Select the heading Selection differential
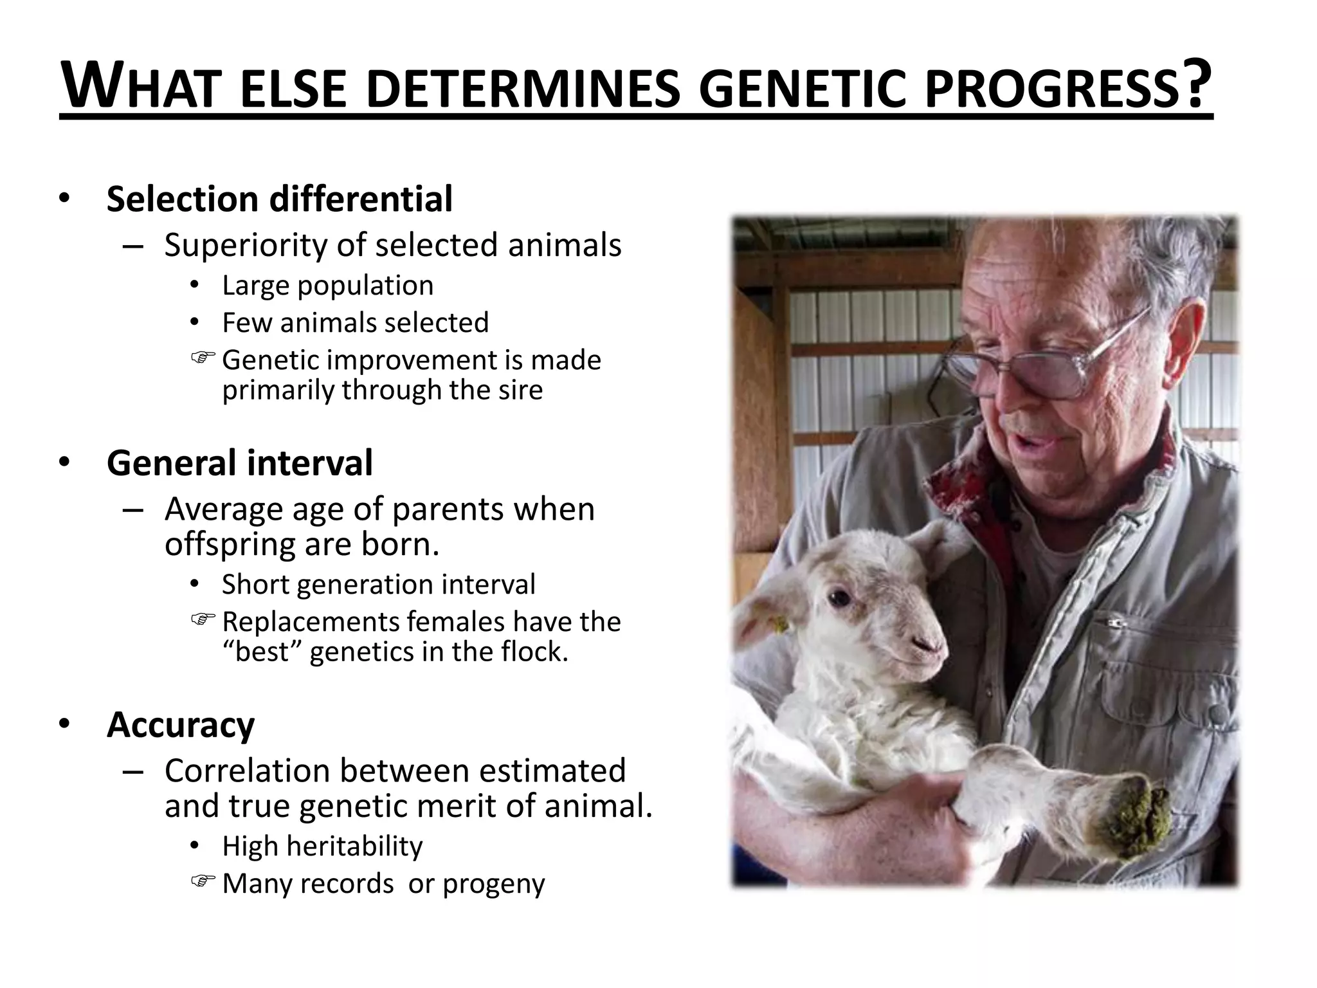279,199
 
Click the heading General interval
239,463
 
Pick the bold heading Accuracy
181,725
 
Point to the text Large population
327,286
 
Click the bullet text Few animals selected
355,323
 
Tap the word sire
522,390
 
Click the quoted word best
262,652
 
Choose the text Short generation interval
378,585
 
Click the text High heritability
322,846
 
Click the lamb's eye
839,598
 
